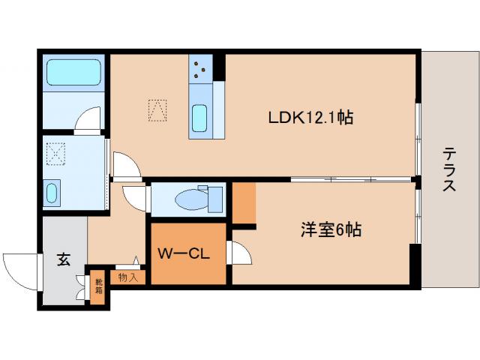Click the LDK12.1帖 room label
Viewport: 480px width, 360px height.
coord(310,118)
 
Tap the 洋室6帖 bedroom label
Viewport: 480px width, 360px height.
coord(331,229)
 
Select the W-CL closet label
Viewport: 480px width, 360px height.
coord(184,253)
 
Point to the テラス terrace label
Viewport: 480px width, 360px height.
coord(449,169)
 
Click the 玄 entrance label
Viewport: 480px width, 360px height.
coord(64,259)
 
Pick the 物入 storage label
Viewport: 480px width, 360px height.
coord(127,277)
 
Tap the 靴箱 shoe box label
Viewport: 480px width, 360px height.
coord(98,286)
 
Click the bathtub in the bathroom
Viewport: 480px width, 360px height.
coord(73,72)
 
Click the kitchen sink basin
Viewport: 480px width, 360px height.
coord(199,118)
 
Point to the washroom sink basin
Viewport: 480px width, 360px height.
coord(52,193)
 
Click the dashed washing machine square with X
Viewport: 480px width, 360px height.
coord(55,154)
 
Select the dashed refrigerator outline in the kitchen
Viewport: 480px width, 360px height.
coord(157,110)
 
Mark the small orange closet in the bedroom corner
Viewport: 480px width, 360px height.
coord(244,203)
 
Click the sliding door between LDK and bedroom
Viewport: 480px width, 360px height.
coord(351,179)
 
